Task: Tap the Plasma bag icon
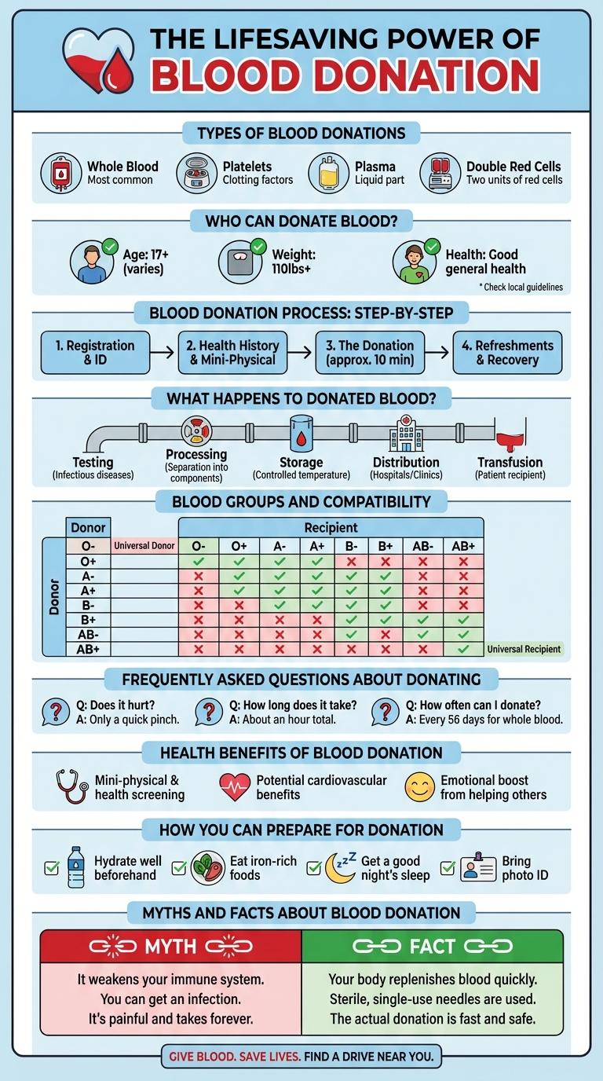(x=327, y=173)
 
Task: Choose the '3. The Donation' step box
(x=370, y=353)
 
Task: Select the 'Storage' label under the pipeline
(x=301, y=462)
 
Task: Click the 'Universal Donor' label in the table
(x=144, y=545)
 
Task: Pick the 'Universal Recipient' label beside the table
(x=524, y=649)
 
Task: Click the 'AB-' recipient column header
(x=424, y=546)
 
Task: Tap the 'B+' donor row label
(x=88, y=619)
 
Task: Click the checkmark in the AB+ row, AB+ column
(x=463, y=649)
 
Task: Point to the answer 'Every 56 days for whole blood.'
(x=484, y=719)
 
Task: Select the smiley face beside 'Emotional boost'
(x=419, y=787)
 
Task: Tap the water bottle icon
(x=76, y=867)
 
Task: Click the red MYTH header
(x=170, y=947)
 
